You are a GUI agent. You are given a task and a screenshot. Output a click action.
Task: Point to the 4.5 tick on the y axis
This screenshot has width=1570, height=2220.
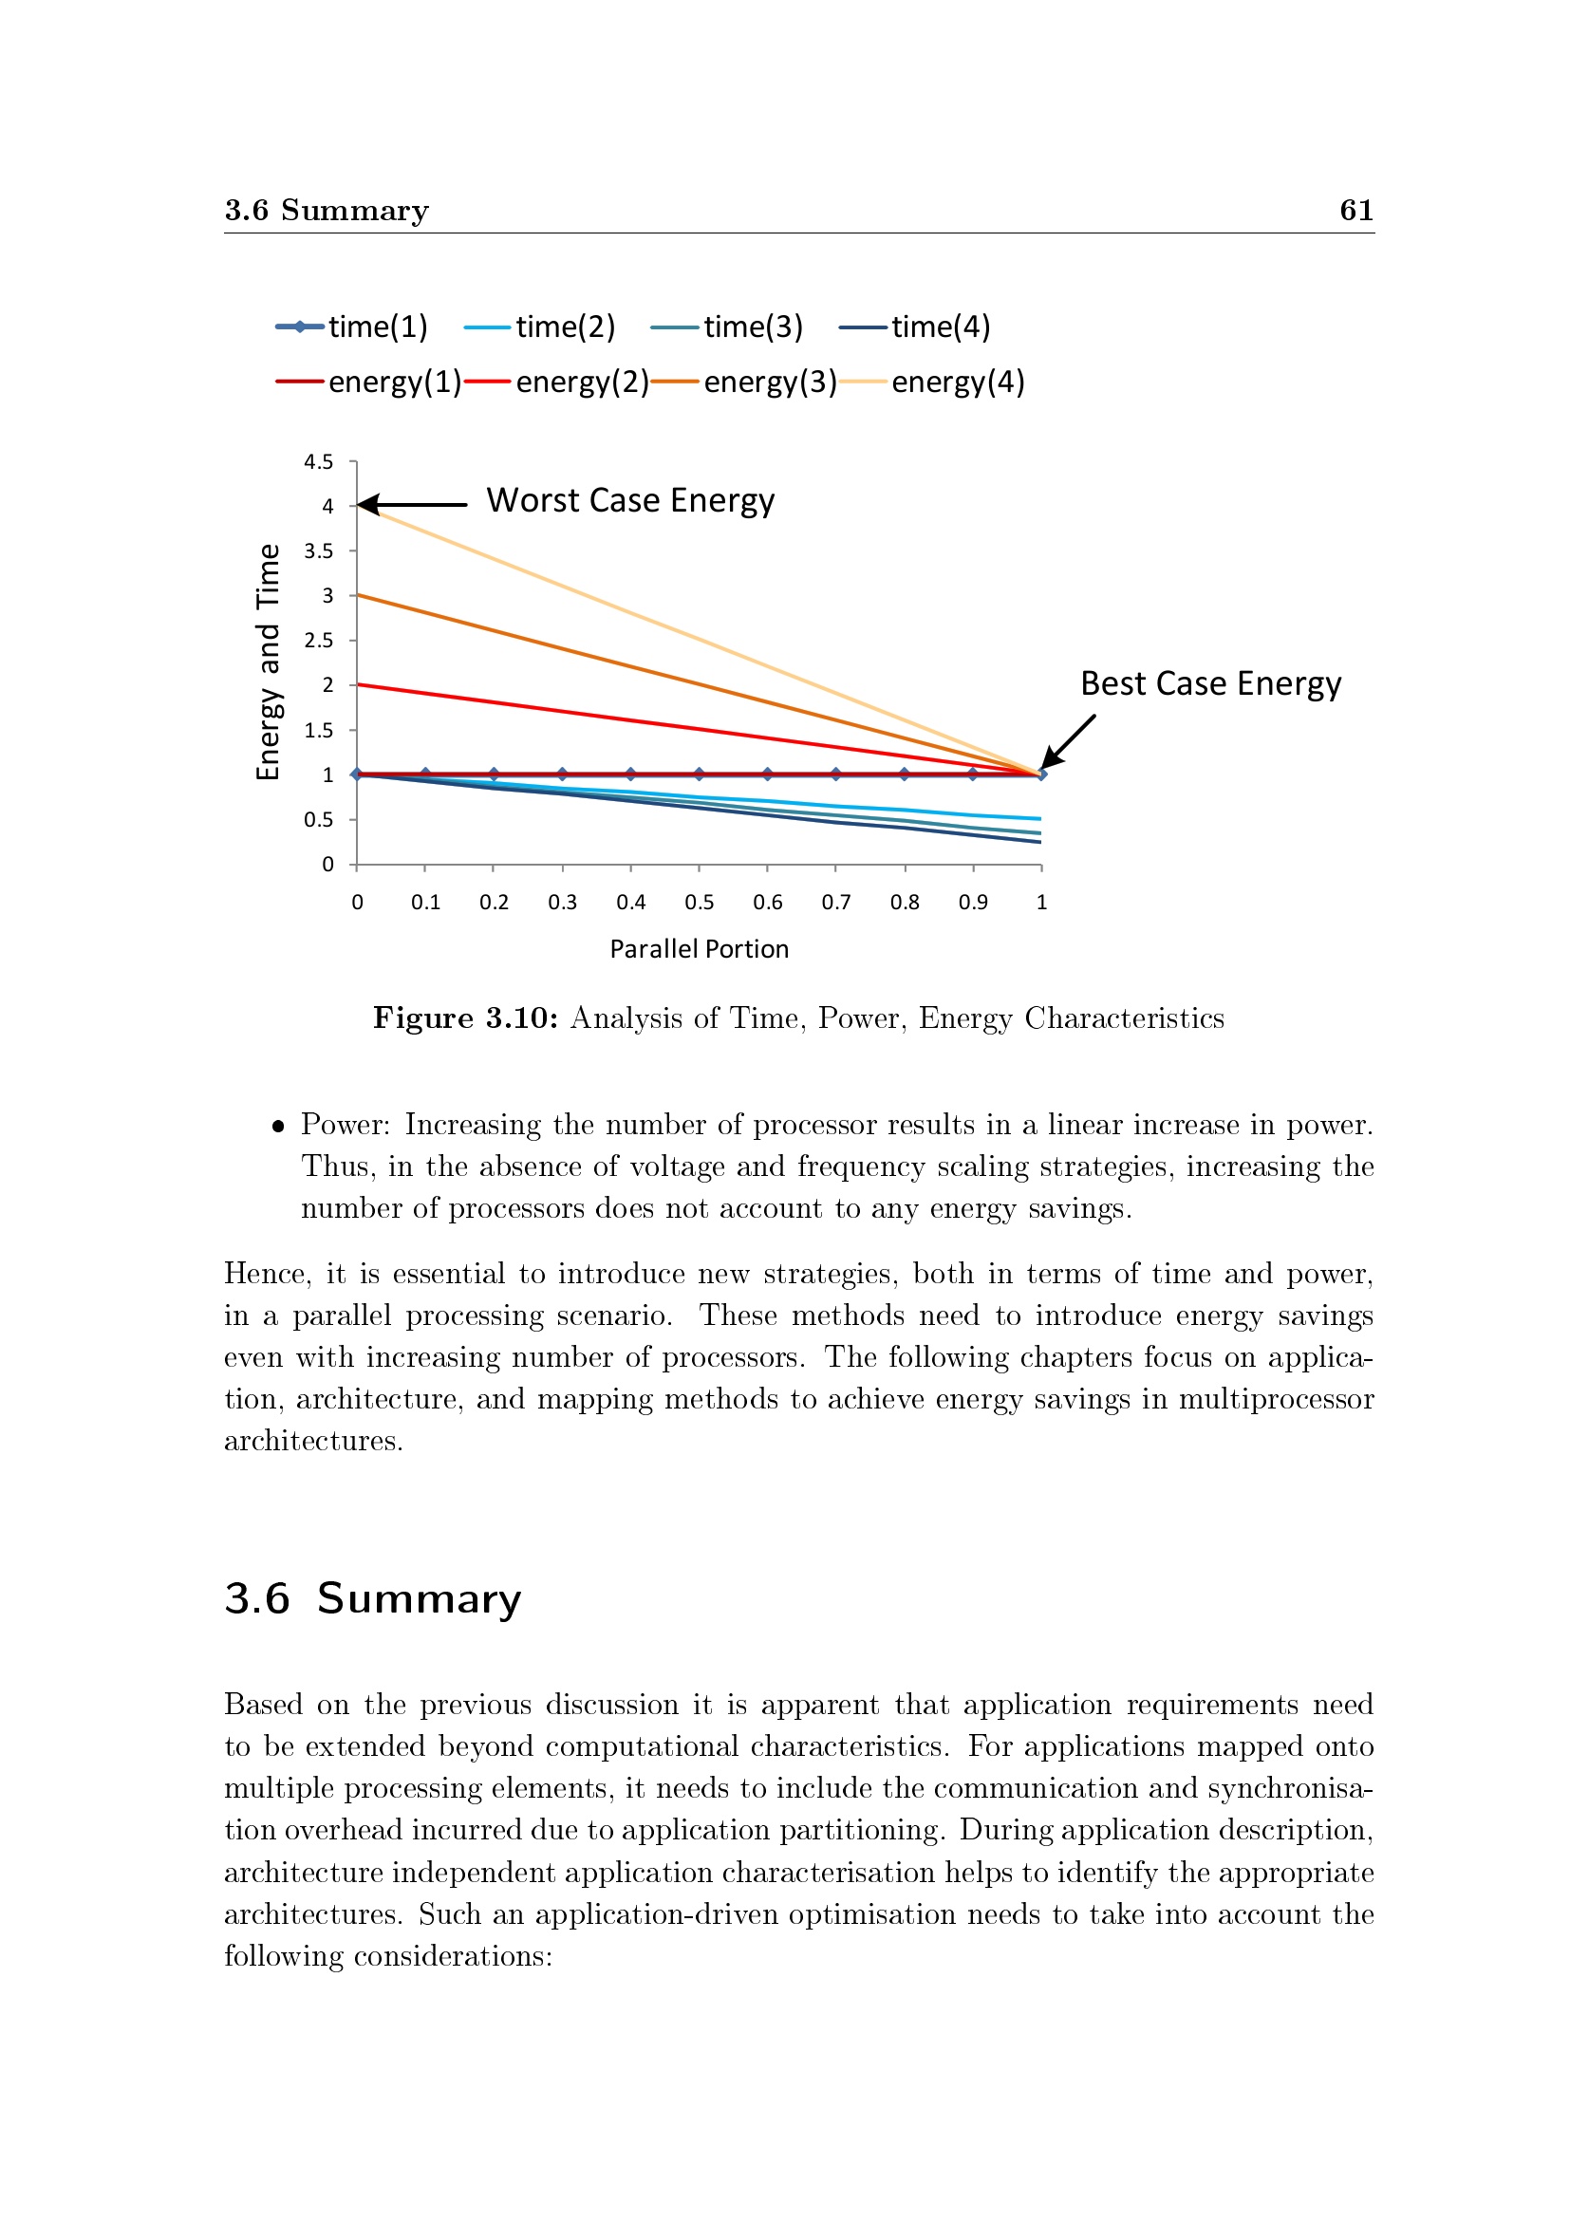[x=318, y=462]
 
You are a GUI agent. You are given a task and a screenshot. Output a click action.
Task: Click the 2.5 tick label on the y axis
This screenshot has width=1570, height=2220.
[x=318, y=640]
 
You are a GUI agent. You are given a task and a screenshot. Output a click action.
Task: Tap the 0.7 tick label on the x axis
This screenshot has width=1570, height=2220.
[x=835, y=902]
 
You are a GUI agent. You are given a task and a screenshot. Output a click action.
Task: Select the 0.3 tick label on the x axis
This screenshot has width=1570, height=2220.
[x=562, y=902]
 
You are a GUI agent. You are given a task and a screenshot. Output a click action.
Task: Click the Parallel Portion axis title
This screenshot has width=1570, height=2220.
[x=699, y=948]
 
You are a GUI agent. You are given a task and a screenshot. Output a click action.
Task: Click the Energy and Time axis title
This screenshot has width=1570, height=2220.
[x=268, y=662]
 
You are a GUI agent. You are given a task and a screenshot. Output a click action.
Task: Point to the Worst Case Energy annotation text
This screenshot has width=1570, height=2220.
[x=630, y=501]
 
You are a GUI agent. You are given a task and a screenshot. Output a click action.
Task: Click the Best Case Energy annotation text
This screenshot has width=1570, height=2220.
[x=1210, y=683]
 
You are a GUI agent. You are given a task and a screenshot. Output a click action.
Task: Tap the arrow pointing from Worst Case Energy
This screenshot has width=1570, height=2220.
[x=413, y=505]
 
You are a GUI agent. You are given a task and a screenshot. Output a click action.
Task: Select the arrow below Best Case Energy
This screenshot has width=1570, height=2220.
[x=1068, y=741]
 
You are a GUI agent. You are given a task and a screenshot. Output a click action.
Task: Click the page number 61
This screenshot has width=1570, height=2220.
[x=1356, y=210]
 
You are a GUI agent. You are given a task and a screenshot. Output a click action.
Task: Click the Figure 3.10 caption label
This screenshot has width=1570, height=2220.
[x=466, y=1018]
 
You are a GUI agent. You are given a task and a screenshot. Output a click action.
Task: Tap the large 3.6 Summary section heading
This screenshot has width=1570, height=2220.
[x=373, y=1599]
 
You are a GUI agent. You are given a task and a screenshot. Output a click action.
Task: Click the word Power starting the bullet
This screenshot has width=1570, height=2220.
[x=345, y=1125]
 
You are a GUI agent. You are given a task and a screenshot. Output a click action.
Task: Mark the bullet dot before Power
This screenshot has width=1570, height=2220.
[x=278, y=1127]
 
